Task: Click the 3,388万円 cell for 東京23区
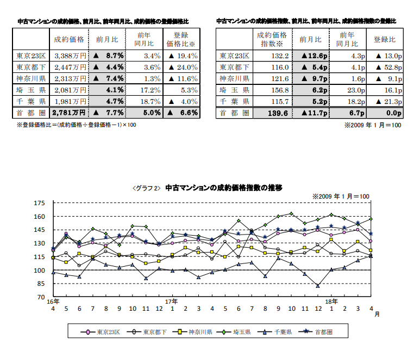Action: (x=70, y=56)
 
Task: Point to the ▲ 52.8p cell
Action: (x=385, y=67)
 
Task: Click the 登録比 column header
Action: (x=385, y=40)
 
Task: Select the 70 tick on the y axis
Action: (x=40, y=297)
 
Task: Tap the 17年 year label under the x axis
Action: (x=172, y=301)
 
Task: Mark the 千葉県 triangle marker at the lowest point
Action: (x=318, y=286)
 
